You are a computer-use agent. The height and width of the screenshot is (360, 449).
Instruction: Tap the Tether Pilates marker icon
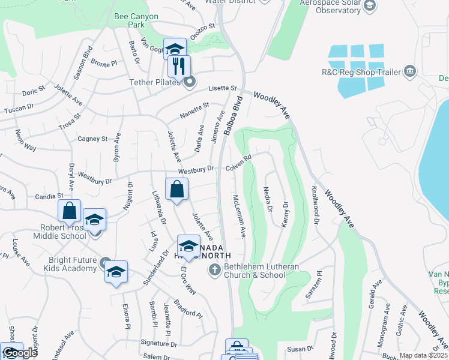tap(190, 82)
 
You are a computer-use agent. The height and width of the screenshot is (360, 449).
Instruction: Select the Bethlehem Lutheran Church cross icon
tap(214, 271)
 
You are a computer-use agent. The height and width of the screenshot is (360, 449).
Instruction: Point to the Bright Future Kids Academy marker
tap(105, 263)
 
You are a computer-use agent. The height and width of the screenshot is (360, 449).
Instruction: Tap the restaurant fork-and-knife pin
tap(178, 67)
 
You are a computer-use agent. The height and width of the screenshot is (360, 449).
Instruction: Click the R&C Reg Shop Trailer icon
tap(411, 72)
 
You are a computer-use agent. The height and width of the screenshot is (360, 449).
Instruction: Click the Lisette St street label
tap(223, 89)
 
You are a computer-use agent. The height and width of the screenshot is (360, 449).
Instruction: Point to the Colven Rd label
tap(238, 164)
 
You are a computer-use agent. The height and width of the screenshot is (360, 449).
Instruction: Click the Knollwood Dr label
tap(315, 205)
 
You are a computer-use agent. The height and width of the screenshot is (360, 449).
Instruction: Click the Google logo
tap(19, 353)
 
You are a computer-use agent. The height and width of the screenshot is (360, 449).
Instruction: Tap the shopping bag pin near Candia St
tap(70, 211)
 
